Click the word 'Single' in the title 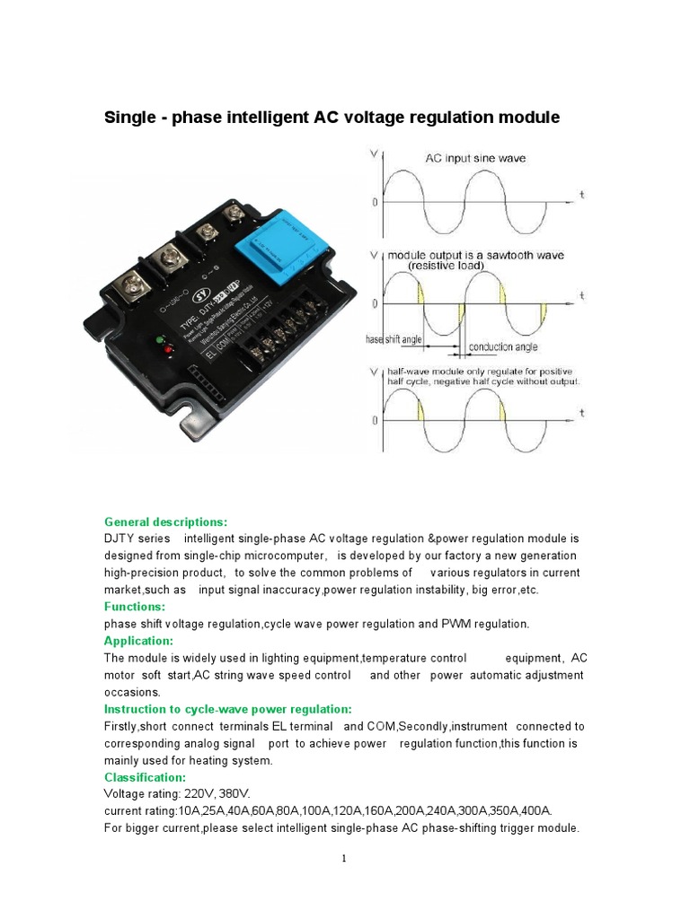[131, 118]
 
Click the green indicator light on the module [160, 340]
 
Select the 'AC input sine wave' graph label [475, 158]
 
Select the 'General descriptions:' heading [166, 521]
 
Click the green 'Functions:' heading [135, 607]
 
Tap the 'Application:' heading [138, 641]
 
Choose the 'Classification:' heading [146, 777]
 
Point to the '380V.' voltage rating [239, 794]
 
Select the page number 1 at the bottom [344, 858]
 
